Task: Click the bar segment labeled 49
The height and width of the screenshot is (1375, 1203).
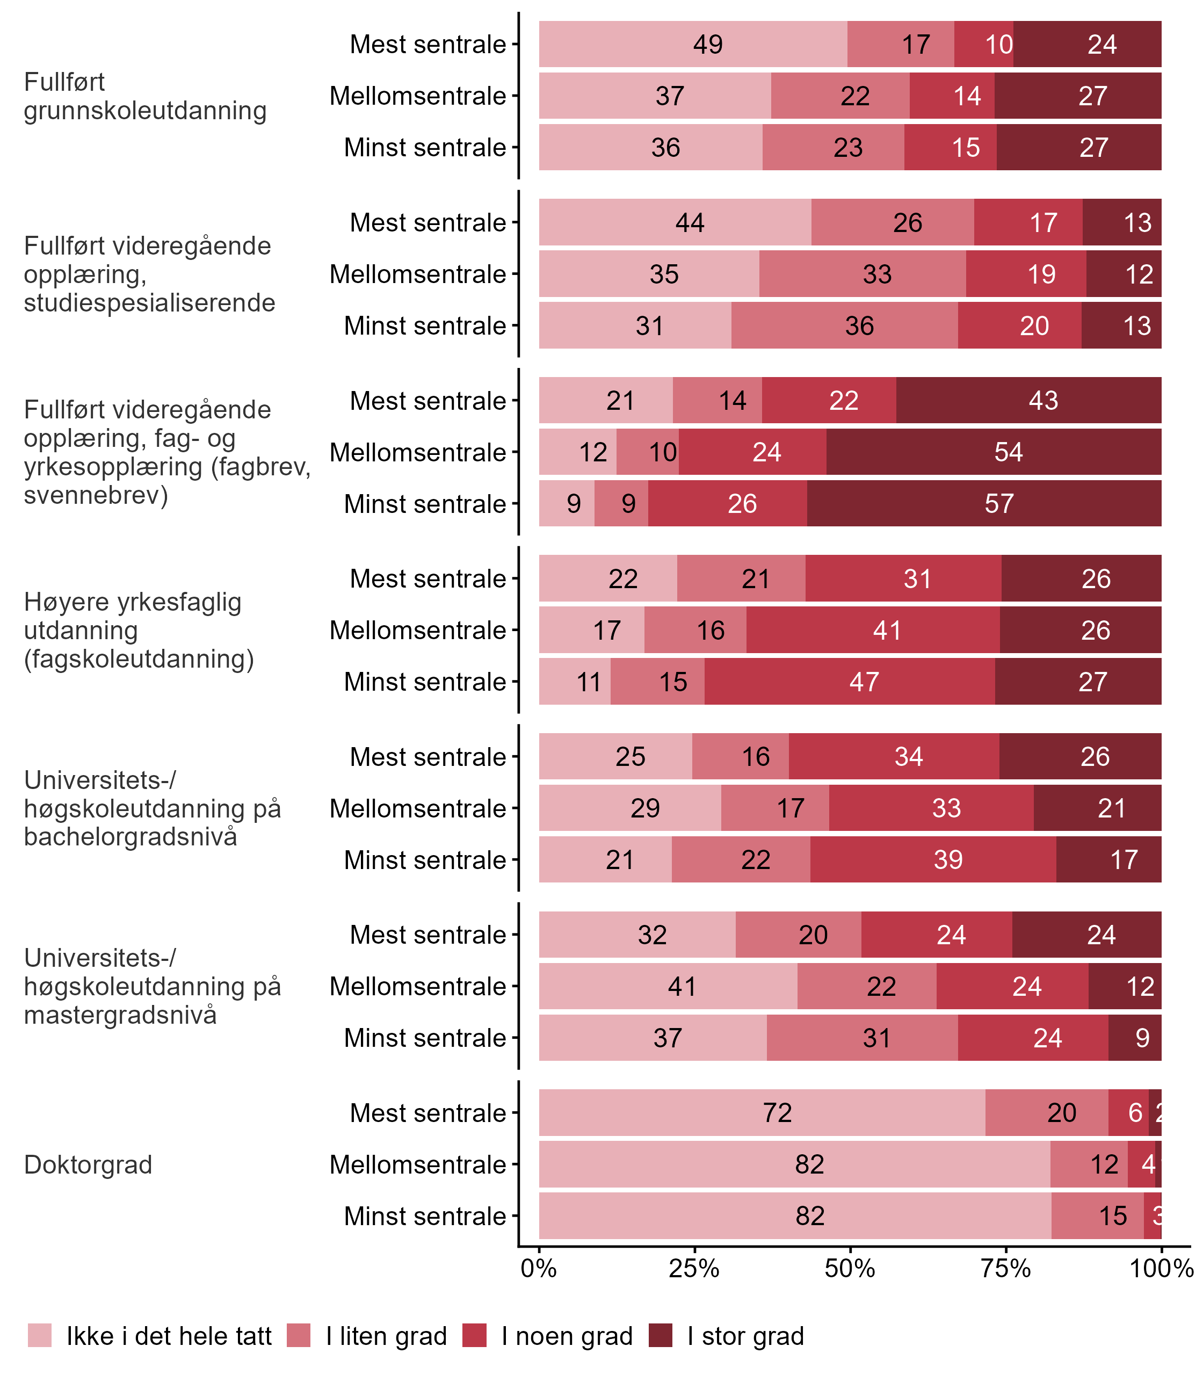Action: pos(693,44)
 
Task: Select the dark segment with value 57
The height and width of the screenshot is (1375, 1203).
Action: pos(983,504)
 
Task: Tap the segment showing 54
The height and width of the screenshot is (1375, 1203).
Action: pos(994,452)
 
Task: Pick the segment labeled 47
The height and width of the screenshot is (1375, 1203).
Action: pos(850,682)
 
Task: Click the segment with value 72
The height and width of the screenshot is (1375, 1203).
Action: pos(762,1112)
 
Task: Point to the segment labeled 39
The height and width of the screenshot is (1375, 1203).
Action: pos(933,859)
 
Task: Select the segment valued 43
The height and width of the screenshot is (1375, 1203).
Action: pos(1028,401)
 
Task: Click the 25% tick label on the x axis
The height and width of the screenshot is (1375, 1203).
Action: pos(694,1268)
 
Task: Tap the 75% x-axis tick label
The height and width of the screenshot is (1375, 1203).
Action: pos(1005,1268)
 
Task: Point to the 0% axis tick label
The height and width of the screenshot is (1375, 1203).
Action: pos(539,1268)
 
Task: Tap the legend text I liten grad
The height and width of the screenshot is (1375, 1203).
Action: pos(386,1336)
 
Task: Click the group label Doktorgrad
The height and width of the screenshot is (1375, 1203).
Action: pos(88,1165)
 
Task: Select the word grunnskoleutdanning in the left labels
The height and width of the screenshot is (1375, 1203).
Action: pos(145,111)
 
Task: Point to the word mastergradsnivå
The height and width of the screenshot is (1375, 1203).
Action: pos(120,1015)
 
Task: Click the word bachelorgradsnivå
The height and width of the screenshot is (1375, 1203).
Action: pos(130,837)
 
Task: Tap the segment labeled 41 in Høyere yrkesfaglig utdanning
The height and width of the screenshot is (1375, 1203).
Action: pos(873,631)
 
